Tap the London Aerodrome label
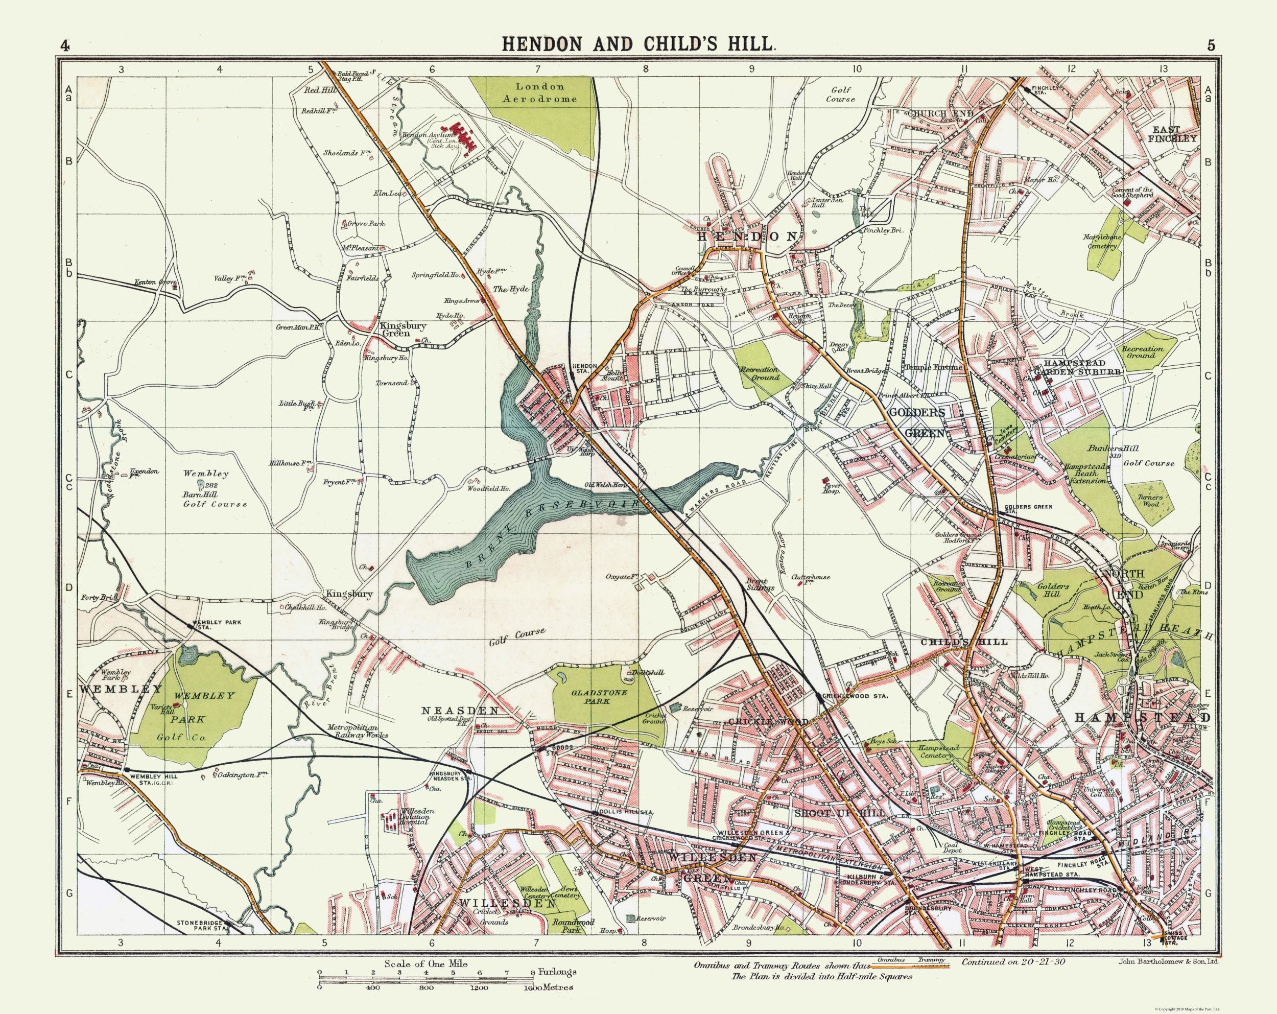point(539,93)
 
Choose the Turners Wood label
point(1150,501)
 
